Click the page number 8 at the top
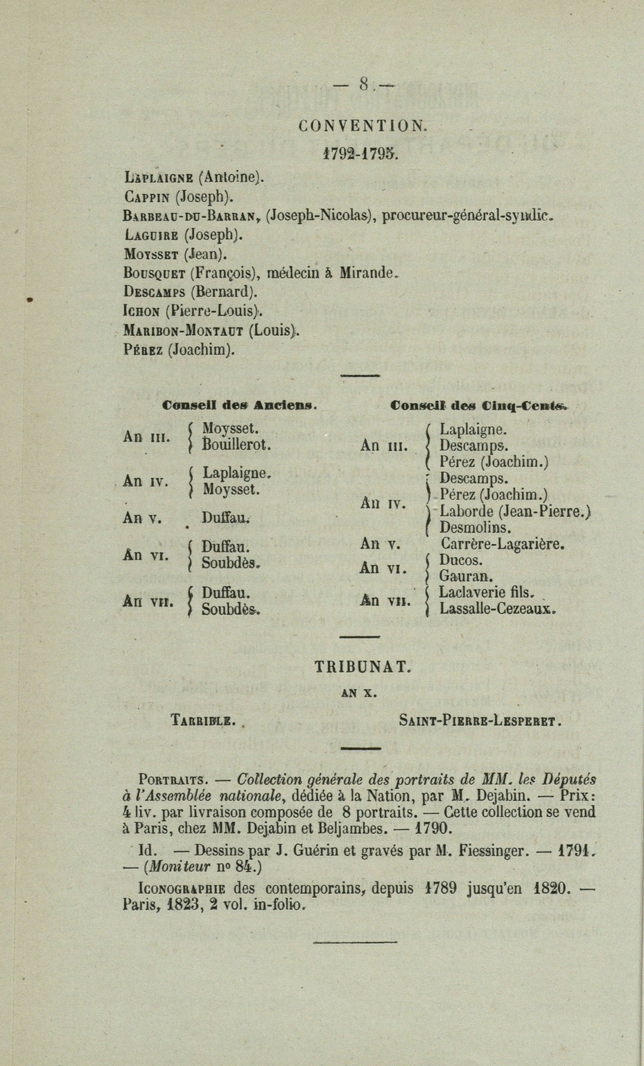[363, 85]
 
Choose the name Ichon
[141, 311]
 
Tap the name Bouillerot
[236, 444]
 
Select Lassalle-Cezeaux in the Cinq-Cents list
[497, 609]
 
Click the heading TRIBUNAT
[363, 667]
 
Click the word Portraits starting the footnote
[170, 779]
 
